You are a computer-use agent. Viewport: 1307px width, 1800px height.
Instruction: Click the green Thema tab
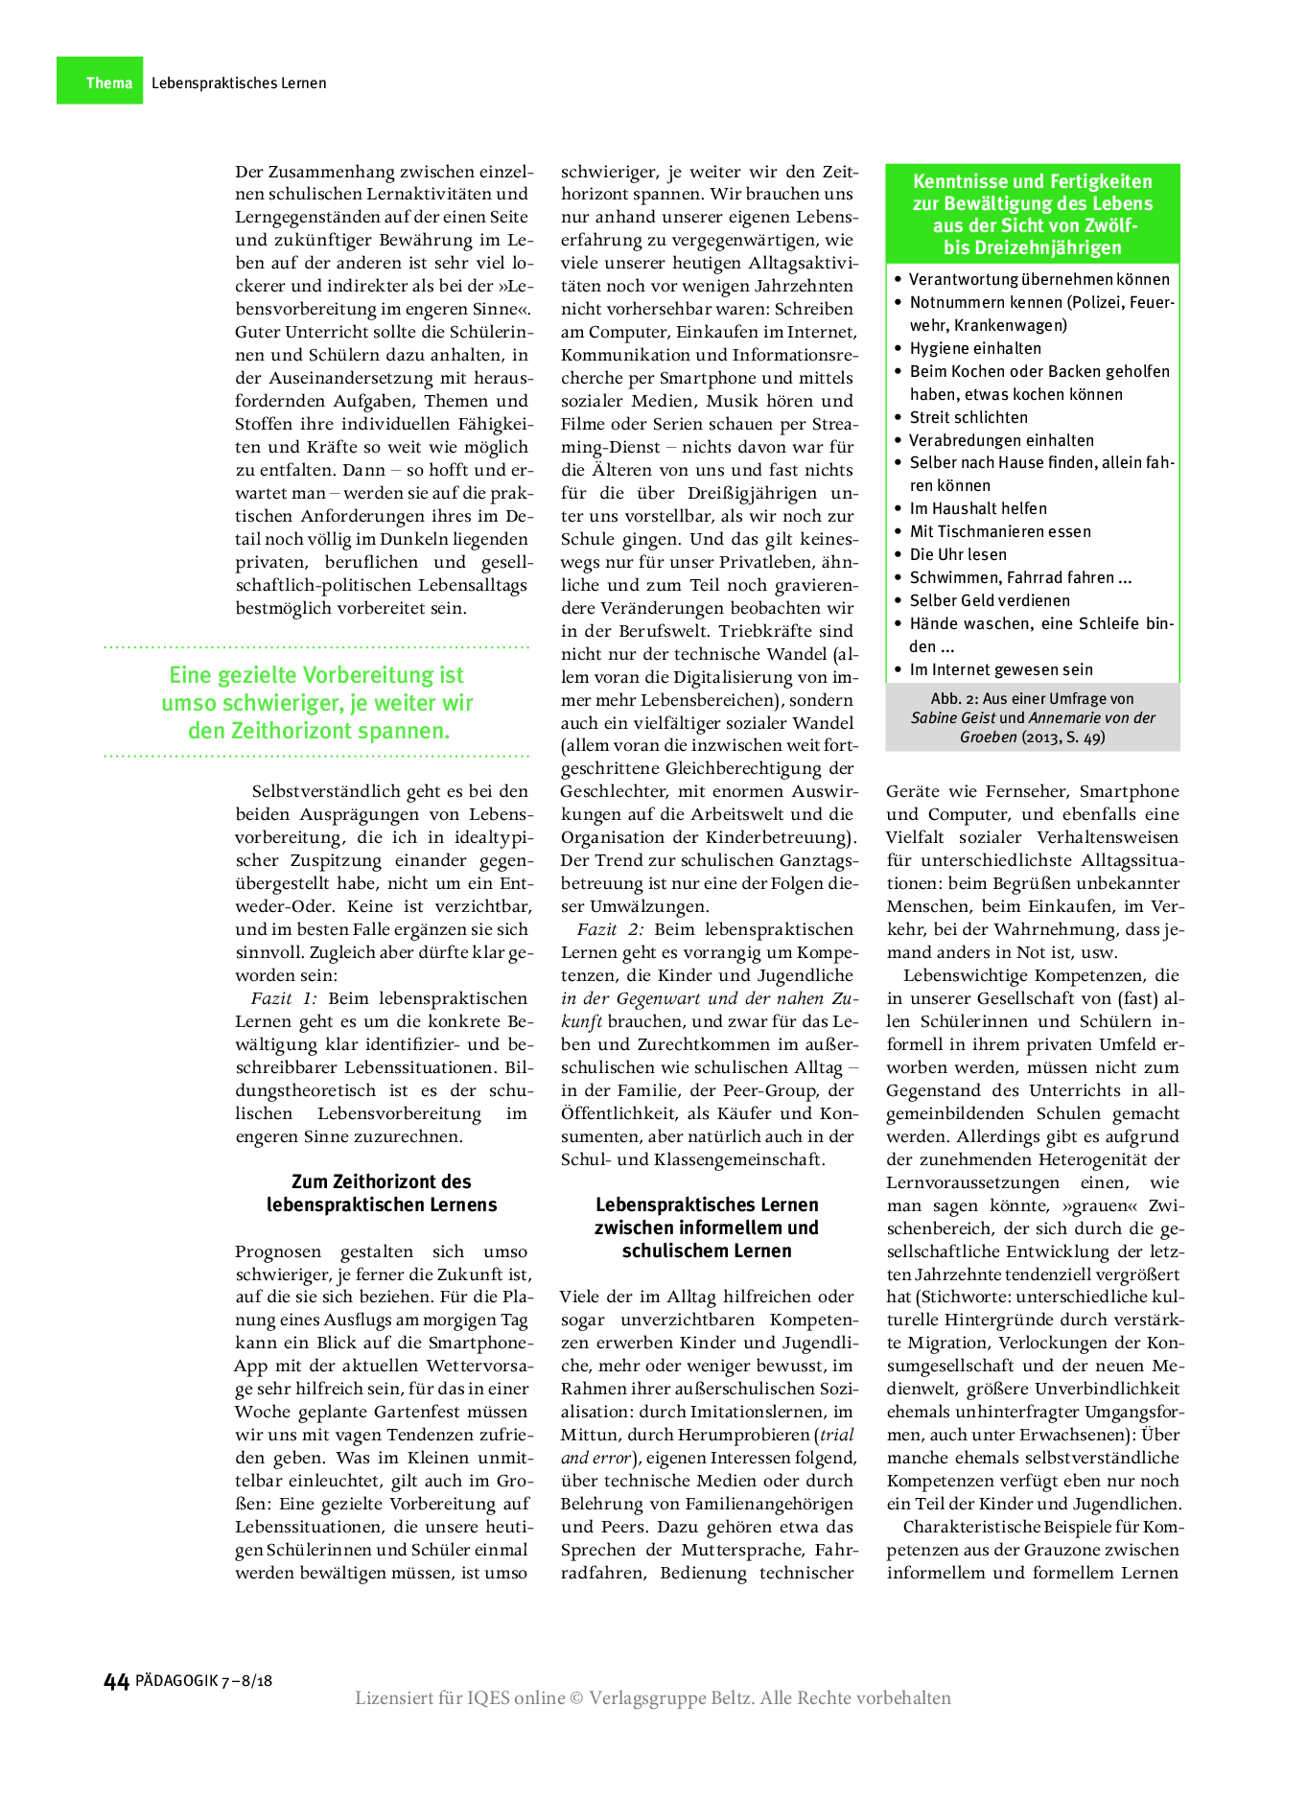pos(100,82)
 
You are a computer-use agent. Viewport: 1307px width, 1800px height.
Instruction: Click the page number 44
pos(116,1681)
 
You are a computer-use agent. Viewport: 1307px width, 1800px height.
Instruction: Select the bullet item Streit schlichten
pos(969,417)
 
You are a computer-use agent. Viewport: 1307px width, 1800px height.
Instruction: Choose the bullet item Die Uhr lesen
pos(958,554)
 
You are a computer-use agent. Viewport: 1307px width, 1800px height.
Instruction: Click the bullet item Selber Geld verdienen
pos(990,600)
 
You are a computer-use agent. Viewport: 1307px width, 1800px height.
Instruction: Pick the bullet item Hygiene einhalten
pos(975,348)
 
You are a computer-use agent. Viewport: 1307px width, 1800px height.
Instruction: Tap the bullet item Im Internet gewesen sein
pos(1001,669)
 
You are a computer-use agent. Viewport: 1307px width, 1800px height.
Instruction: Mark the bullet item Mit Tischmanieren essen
pos(1000,531)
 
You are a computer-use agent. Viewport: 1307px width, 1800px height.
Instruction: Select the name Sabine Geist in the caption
pos(953,718)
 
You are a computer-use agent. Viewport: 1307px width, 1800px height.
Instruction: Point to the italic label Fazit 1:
pos(284,998)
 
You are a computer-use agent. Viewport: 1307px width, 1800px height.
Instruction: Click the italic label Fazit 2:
pos(610,929)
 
